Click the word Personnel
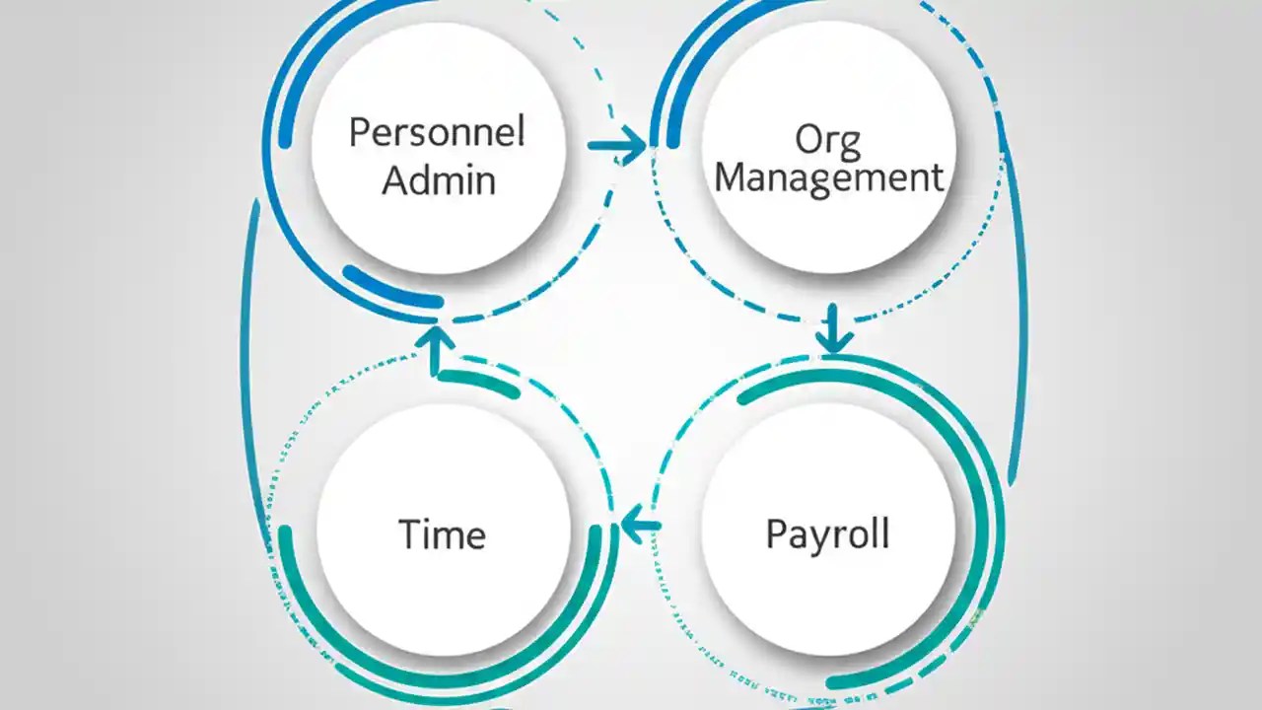[x=437, y=132]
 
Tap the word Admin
[x=439, y=180]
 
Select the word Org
[x=827, y=140]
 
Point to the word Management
[x=828, y=177]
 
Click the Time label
[x=442, y=534]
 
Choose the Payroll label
[x=827, y=533]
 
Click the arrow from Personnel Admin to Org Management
[x=617, y=146]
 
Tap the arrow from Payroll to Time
[x=639, y=524]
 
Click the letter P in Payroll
[x=775, y=533]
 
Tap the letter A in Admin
[x=396, y=180]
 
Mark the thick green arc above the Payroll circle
[x=838, y=380]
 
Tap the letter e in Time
[x=474, y=536]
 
